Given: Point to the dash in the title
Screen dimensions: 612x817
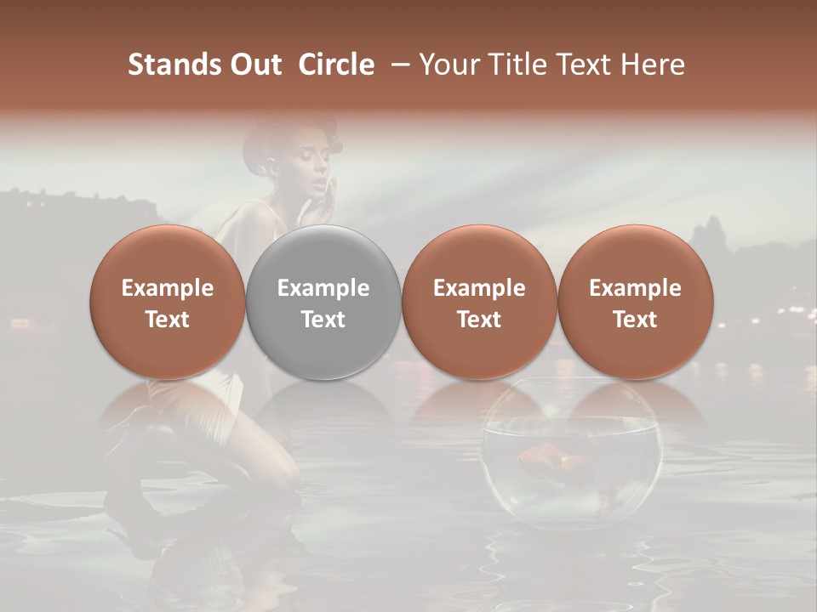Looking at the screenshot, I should tap(397, 65).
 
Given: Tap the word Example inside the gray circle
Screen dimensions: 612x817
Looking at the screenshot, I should tap(323, 288).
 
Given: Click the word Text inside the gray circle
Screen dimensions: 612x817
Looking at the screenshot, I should tap(323, 320).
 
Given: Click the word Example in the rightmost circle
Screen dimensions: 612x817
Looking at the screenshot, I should tap(636, 288).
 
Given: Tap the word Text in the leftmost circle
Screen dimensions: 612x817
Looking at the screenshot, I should tap(168, 320).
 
